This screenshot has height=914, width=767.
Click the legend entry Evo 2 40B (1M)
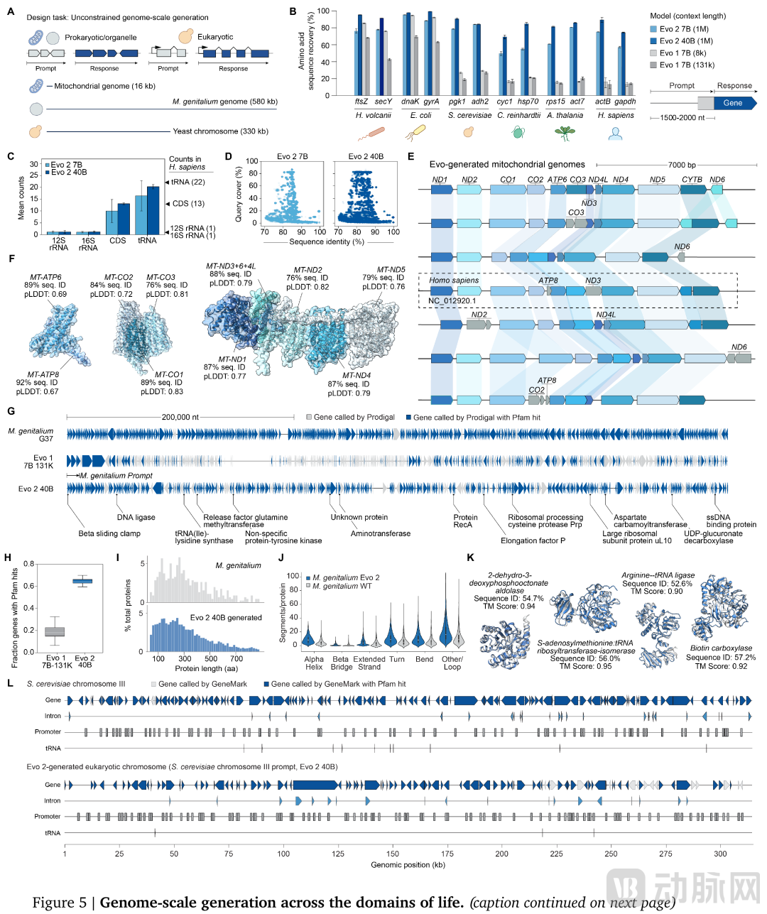[685, 41]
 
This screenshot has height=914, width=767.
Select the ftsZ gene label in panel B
[361, 102]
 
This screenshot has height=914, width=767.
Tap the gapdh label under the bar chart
[625, 102]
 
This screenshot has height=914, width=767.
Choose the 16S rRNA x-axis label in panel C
[88, 244]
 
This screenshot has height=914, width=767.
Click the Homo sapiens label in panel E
[454, 281]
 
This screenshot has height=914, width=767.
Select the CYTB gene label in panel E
[692, 180]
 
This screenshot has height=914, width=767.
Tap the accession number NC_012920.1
[452, 301]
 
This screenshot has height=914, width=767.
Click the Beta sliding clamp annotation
[109, 533]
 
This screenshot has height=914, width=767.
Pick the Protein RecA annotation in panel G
[463, 521]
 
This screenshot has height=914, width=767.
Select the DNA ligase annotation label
[136, 517]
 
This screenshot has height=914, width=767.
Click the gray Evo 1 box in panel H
[55, 631]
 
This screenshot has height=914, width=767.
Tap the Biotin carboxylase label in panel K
[721, 648]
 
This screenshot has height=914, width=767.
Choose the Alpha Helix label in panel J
[314, 663]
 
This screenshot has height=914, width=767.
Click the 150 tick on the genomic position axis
[393, 854]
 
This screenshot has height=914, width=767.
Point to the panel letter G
[11, 411]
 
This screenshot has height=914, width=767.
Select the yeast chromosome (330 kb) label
[220, 131]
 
